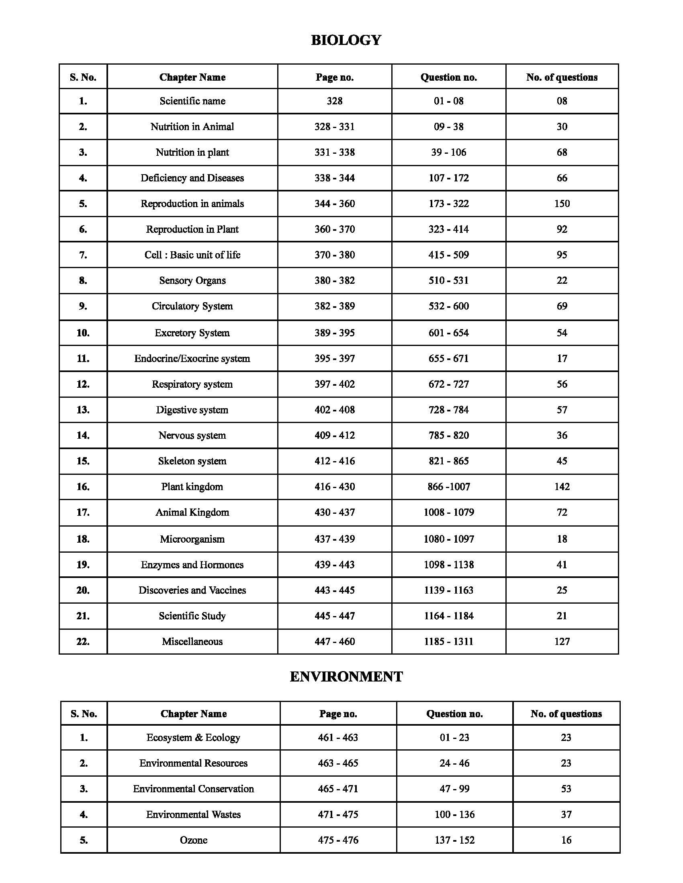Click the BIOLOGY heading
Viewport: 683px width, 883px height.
click(x=346, y=40)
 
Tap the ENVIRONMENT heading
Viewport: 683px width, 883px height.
click(x=346, y=677)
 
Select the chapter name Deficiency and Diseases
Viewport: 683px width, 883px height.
click(x=192, y=178)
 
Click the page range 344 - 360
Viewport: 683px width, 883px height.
click(x=335, y=203)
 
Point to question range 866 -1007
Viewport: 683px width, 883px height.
click(x=449, y=486)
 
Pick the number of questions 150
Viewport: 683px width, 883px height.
click(x=562, y=203)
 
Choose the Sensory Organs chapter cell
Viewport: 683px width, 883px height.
click(x=192, y=280)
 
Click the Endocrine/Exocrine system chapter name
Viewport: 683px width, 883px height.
click(x=192, y=358)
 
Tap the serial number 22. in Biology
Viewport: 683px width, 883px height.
click(x=83, y=641)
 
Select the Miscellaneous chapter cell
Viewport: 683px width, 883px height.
click(x=192, y=641)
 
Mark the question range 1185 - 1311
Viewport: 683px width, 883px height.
click(x=449, y=641)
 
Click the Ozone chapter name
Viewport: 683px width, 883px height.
click(x=193, y=840)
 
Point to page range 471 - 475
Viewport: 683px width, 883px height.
click(x=338, y=814)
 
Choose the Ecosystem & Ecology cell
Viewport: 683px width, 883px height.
click(x=193, y=737)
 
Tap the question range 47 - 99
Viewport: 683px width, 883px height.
click(x=454, y=789)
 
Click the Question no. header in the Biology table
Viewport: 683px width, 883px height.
click(x=449, y=77)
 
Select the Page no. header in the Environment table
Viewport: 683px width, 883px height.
click(x=338, y=714)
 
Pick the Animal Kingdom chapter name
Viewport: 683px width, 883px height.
click(x=192, y=512)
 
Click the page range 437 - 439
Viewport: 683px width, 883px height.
click(x=335, y=539)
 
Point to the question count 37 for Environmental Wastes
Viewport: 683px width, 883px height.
click(x=566, y=814)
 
